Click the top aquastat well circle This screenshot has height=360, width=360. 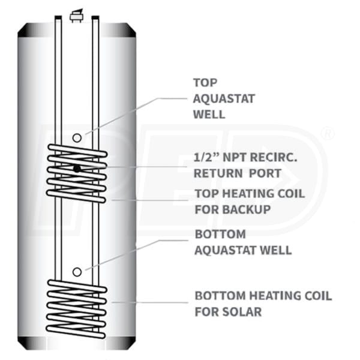(77, 138)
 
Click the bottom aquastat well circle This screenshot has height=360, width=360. (77, 272)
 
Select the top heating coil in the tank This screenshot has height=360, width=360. (77, 174)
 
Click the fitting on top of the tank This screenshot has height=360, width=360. (76, 15)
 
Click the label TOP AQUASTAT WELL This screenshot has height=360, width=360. (209, 98)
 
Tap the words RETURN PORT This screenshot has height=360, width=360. (230, 174)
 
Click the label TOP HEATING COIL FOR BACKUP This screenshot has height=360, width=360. (249, 202)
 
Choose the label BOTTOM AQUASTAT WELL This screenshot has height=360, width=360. (242, 242)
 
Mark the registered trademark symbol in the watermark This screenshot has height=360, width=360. (328, 134)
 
